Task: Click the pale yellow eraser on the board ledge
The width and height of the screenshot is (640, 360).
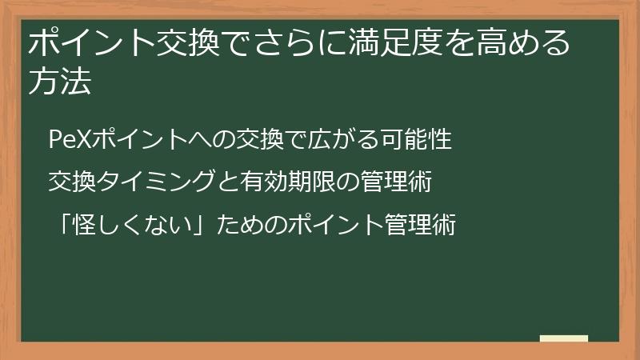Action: pyautogui.click(x=563, y=338)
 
